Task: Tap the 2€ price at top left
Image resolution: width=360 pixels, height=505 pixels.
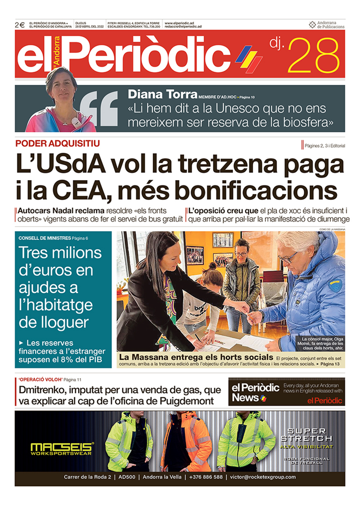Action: [20, 25]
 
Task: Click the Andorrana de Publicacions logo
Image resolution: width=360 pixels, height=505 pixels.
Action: [327, 25]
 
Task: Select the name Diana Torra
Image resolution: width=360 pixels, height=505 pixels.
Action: [161, 94]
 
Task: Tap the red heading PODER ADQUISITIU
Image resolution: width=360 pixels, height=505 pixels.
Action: [57, 143]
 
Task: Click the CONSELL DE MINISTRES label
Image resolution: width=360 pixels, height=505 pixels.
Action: [45, 238]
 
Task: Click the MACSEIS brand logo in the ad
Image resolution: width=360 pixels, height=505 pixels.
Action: [62, 447]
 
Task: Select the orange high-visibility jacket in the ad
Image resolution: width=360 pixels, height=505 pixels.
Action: [186, 440]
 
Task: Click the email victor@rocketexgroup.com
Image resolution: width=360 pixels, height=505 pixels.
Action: [262, 477]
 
